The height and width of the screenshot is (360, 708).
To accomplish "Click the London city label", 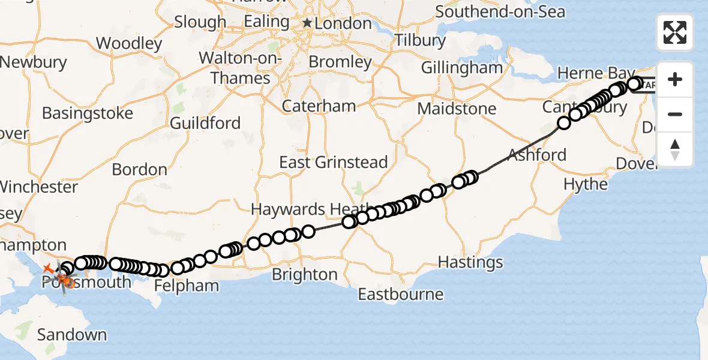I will coord(344,23).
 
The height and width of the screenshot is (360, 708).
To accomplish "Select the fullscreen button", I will coord(675,32).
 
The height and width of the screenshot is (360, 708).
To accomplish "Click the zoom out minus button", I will coord(675,114).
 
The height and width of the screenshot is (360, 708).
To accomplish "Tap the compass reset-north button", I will coord(675,149).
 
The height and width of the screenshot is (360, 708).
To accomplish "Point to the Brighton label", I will coord(304,274).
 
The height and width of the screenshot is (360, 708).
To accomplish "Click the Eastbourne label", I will coord(400,295).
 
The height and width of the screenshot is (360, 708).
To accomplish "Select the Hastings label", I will coord(470,262).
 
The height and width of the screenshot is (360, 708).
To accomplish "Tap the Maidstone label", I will coord(457,109).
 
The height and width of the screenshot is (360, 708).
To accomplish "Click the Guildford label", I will coord(205,124).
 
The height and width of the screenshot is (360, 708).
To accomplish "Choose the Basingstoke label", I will coord(88,113).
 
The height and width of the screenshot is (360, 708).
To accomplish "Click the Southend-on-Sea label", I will coord(500,11).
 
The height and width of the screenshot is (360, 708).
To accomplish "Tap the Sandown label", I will coord(72,335).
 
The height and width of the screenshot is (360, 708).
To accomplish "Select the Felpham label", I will coord(187,286).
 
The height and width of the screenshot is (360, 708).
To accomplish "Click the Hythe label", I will coord(586,184).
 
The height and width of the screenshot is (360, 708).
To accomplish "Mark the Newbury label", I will coord(33,62).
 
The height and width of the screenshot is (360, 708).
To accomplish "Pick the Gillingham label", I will coord(461,68).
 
